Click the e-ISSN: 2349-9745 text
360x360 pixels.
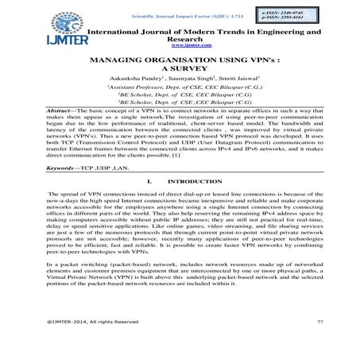(x=296, y=13)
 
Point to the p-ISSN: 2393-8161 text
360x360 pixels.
(x=296, y=21)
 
